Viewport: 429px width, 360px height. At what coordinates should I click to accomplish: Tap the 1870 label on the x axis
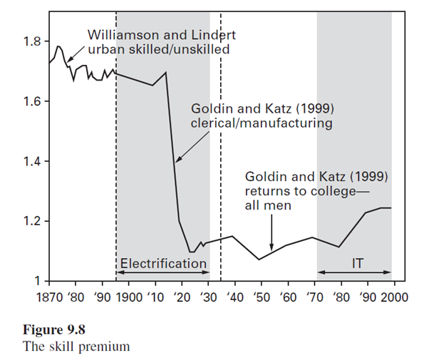pyautogui.click(x=48, y=293)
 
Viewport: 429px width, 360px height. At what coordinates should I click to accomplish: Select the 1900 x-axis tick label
pyautogui.click(x=128, y=293)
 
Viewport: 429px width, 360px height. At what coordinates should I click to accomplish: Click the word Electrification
pyautogui.click(x=163, y=264)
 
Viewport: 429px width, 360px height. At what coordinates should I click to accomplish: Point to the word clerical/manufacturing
pyautogui.click(x=262, y=123)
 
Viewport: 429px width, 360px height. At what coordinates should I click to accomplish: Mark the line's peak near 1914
pyautogui.click(x=166, y=72)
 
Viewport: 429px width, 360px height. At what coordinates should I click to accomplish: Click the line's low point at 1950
pyautogui.click(x=259, y=259)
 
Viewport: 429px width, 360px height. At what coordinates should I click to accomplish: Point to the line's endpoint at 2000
pyautogui.click(x=391, y=207)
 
